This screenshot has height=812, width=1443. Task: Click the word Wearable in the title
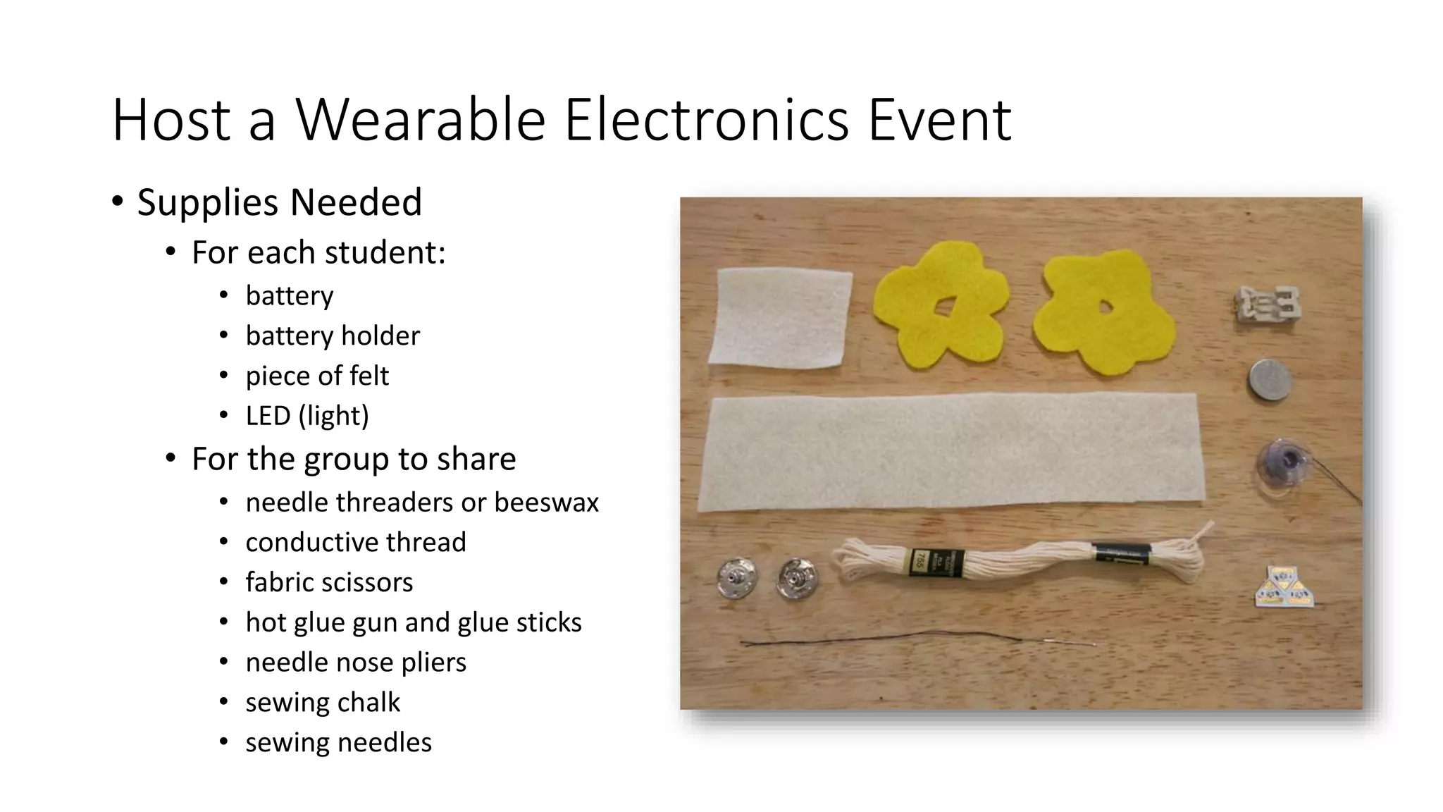[421, 120]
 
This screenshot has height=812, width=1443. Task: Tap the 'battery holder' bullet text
[333, 336]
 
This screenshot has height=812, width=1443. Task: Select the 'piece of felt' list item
[317, 376]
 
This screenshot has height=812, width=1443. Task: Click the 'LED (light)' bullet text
[307, 416]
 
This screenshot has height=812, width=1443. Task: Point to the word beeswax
[546, 503]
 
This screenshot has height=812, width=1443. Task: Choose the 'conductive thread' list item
[356, 542]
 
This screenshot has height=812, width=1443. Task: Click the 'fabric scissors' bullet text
[329, 582]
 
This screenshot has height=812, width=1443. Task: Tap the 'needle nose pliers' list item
[356, 663]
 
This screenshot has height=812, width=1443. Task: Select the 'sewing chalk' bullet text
[323, 703]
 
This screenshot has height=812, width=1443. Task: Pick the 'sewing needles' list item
[338, 742]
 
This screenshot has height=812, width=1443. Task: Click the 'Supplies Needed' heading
[280, 202]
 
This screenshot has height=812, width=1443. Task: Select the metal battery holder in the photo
[1269, 307]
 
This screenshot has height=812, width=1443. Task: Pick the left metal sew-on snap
[736, 578]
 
